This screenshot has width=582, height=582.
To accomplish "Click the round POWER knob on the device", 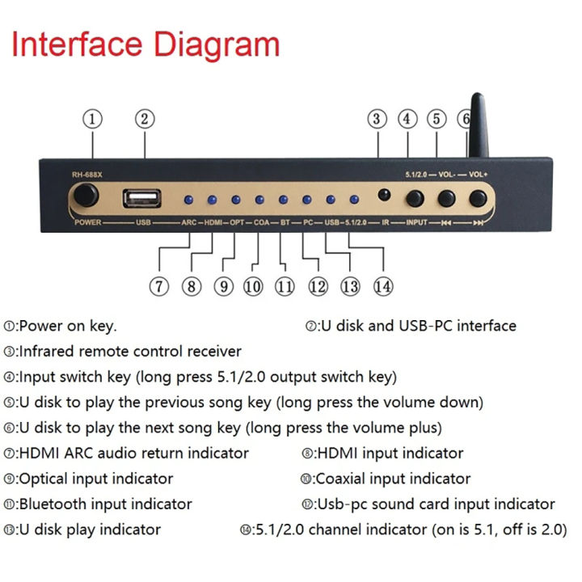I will [85, 196].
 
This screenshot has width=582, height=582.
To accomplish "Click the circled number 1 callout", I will [94, 119].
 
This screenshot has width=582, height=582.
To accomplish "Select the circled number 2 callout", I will [145, 119].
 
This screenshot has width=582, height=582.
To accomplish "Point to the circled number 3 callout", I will [377, 119].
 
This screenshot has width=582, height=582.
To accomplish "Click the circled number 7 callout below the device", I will [160, 285].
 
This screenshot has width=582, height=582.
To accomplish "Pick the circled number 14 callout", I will [383, 285].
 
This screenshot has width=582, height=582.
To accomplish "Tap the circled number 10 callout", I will [253, 285].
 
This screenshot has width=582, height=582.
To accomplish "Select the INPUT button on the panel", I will [415, 198].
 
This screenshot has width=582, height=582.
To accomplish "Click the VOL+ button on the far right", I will [478, 198].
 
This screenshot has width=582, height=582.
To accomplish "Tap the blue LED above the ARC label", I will [188, 199].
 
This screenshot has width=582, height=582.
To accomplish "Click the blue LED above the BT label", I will [283, 199].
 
